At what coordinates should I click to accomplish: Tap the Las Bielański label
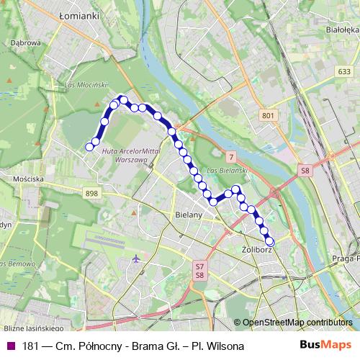click(228, 170)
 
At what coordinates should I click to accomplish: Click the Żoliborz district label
click(256, 251)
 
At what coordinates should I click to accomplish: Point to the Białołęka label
click(341, 30)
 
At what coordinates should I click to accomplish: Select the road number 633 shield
click(344, 72)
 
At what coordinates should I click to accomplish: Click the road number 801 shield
click(268, 115)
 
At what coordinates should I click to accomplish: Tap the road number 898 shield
click(91, 193)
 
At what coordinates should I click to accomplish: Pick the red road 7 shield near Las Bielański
click(230, 157)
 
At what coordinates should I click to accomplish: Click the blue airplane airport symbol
click(136, 258)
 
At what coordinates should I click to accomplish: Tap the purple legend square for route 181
click(9, 346)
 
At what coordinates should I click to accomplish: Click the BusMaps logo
click(325, 345)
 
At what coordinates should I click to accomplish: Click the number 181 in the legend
click(30, 346)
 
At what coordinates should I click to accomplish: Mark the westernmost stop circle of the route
click(89, 147)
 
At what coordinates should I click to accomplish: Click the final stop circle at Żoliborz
click(270, 242)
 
